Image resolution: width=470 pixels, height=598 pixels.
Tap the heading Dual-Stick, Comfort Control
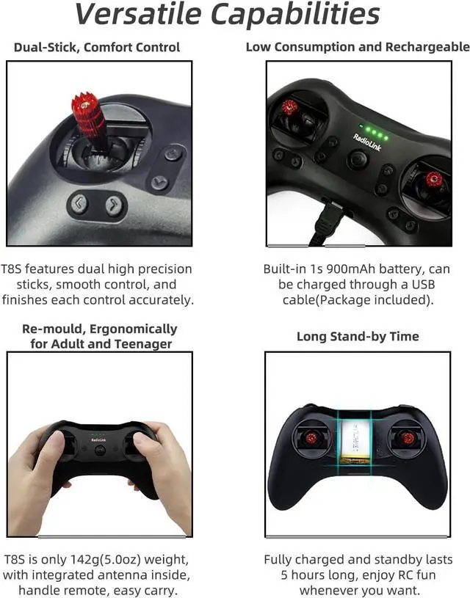96,48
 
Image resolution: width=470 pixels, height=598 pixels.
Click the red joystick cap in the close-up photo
89,113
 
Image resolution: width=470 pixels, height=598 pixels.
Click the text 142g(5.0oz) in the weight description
98,560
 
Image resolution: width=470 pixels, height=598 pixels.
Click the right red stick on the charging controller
434,179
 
